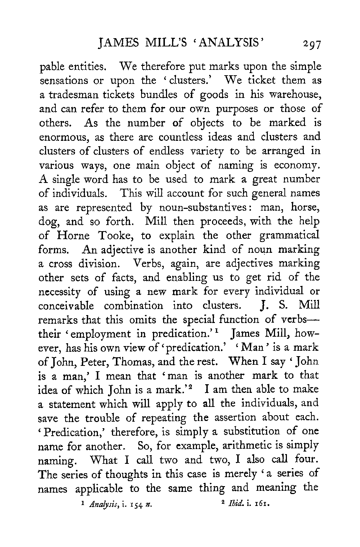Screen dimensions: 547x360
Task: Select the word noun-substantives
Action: [191, 207]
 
